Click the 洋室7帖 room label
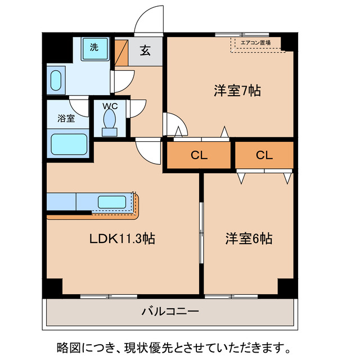pos(237,91)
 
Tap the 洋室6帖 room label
pos(249,238)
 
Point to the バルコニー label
pos(170,310)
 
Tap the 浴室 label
pos(66,119)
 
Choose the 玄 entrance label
pos(145,51)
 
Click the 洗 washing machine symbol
pos(94,47)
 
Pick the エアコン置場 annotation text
pos(255,42)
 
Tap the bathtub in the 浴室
pos(69,144)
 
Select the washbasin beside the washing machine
pos(56,80)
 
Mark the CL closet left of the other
pos(199,155)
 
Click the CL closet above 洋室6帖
pos(264,155)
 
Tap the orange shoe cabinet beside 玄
pos(122,52)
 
